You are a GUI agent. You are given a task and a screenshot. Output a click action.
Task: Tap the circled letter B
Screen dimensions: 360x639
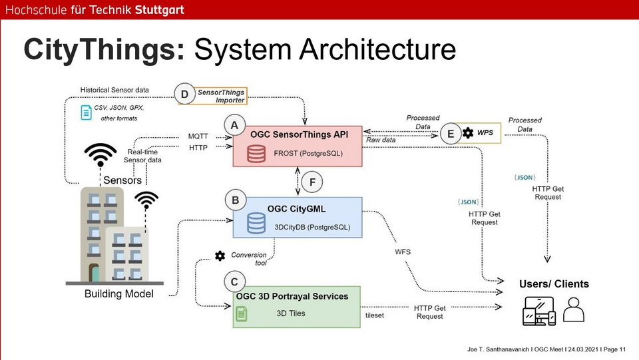[235, 200]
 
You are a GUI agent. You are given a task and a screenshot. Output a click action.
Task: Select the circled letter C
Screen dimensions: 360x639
[234, 282]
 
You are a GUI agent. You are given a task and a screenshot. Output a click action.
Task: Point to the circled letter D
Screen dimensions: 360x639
[184, 95]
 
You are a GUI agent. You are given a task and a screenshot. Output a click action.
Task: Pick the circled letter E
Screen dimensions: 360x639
[451, 134]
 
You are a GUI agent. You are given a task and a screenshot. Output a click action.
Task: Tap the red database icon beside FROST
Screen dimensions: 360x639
[256, 153]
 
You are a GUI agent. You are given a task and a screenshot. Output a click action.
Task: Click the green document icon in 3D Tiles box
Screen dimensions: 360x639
[242, 311]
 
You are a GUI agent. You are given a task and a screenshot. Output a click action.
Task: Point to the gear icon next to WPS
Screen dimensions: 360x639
[468, 133]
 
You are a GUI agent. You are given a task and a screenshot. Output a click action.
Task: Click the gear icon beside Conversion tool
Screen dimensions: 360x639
[220, 256]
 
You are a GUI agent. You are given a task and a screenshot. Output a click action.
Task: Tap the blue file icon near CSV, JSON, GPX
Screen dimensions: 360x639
[86, 112]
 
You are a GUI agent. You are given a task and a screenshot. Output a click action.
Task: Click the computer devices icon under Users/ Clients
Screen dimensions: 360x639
[538, 310]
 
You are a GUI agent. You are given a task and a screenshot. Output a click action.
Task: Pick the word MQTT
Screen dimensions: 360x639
[198, 136]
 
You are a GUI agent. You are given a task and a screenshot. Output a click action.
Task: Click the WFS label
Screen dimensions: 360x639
[403, 251]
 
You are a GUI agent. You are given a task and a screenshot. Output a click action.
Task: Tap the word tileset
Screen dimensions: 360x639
[375, 315]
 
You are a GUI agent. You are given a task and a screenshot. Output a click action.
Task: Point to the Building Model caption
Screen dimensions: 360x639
[119, 294]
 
